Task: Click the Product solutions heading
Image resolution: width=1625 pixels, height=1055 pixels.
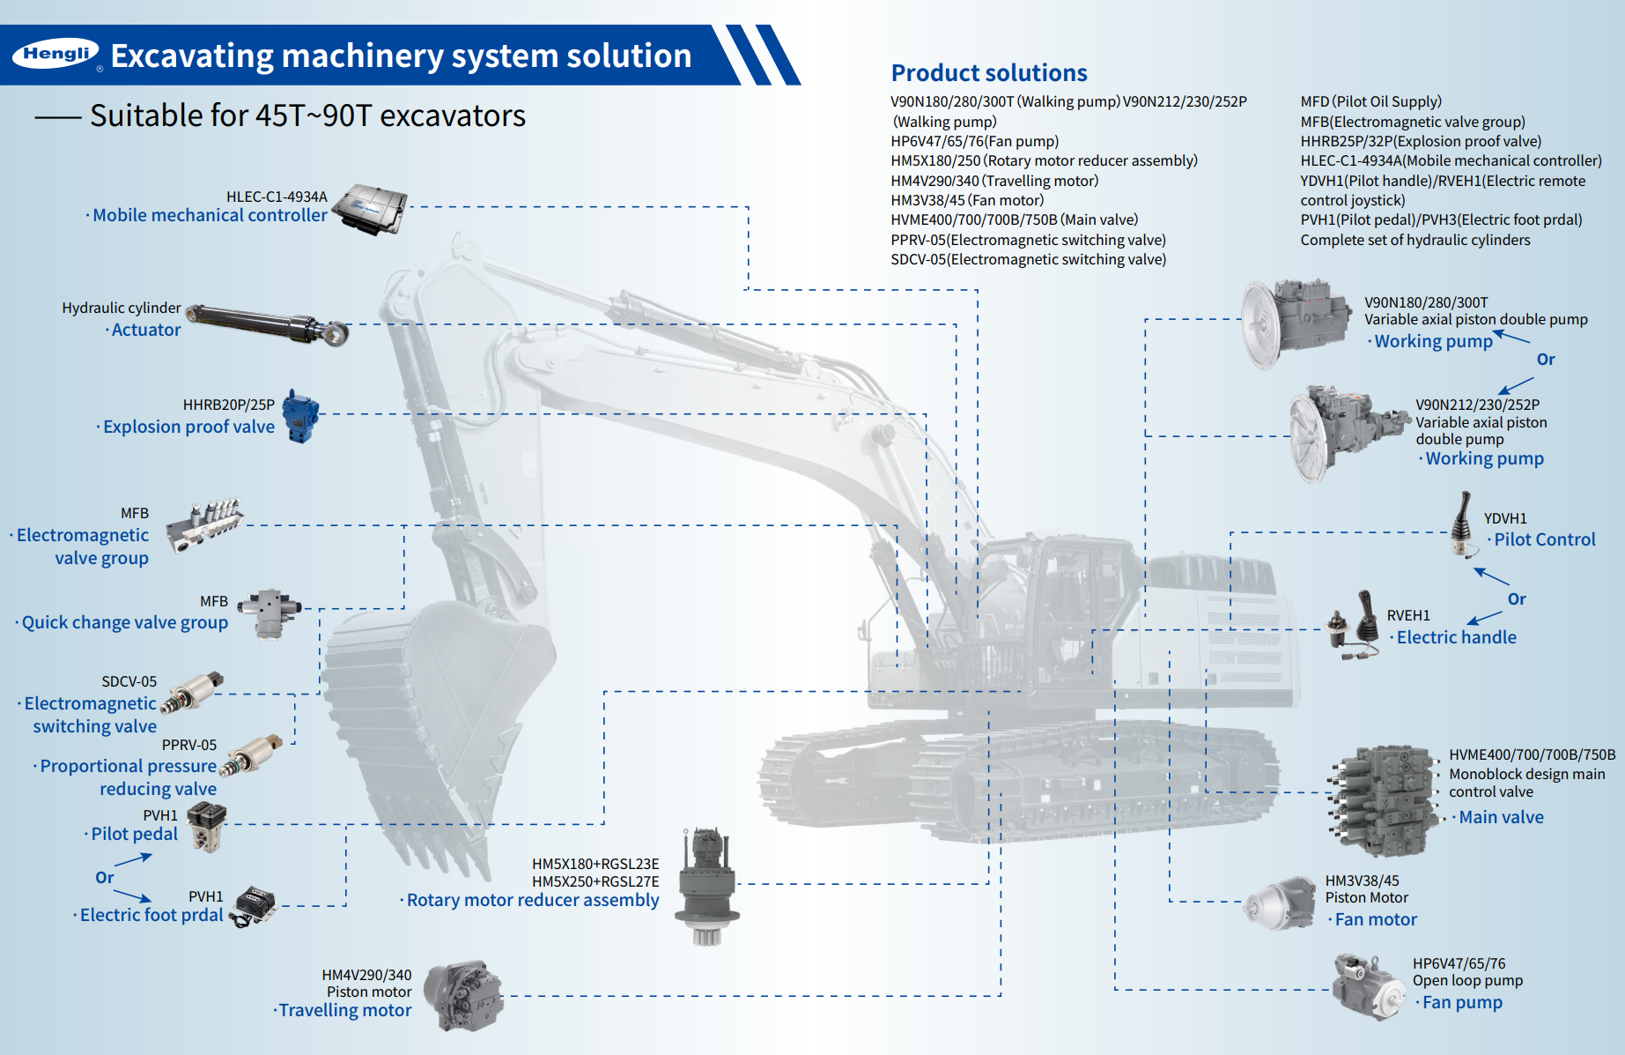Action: pos(988,73)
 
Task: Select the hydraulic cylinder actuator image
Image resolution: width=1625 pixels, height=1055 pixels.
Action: pos(269,324)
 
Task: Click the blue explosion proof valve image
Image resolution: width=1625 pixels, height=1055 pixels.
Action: pos(301,416)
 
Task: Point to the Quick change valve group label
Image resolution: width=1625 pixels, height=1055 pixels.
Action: pos(124,623)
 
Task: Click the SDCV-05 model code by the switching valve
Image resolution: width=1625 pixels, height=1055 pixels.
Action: pos(129,681)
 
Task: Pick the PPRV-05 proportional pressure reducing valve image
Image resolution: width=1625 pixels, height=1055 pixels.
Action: pos(251,754)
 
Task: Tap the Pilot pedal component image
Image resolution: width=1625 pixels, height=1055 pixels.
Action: pos(208,827)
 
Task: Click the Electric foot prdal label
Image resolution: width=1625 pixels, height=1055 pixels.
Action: pos(151,916)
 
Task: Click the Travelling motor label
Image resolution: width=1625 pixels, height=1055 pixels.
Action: pos(344,1011)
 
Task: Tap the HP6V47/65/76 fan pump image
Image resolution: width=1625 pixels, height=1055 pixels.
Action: pos(1369,986)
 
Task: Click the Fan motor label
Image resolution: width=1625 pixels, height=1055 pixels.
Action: pos(1375,920)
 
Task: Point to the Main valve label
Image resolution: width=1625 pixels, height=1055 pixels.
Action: pos(1500,818)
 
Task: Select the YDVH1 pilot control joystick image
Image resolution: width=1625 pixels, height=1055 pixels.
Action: pos(1464,525)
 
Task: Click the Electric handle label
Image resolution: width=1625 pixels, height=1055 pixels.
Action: pos(1456,638)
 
